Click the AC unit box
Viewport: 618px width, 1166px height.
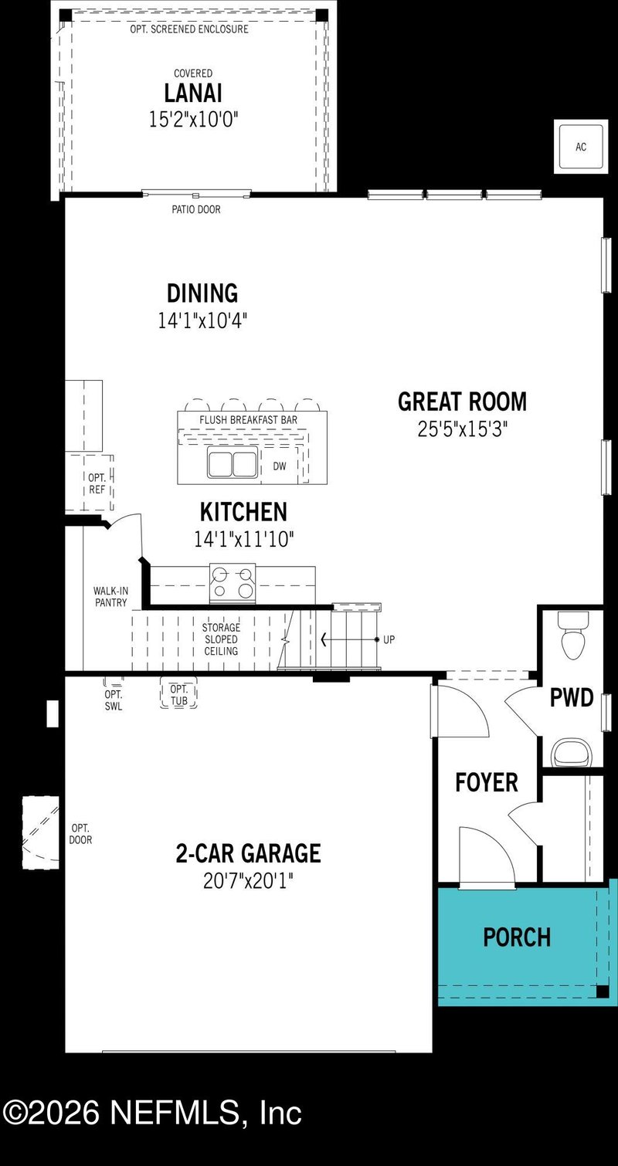(580, 147)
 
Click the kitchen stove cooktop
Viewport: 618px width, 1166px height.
(233, 583)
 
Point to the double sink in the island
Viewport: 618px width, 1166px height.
(232, 464)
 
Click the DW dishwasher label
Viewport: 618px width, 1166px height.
(279, 466)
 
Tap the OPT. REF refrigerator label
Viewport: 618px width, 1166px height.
(97, 483)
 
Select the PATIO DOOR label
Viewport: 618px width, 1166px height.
(195, 209)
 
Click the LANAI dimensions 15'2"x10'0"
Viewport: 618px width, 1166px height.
(193, 119)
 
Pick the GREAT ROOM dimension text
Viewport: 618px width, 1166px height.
(462, 429)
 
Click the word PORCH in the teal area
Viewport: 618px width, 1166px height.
(517, 937)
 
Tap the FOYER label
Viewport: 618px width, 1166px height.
(486, 782)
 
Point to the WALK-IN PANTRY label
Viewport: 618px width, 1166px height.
(110, 597)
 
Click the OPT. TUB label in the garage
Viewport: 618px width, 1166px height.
(178, 693)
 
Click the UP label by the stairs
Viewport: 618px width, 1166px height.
(389, 640)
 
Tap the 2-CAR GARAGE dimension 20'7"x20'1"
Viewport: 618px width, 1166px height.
(248, 880)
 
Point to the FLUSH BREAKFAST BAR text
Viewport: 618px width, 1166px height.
(248, 419)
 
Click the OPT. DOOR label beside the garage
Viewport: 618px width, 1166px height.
(80, 834)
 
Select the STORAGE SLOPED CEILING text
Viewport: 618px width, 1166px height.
(221, 639)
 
